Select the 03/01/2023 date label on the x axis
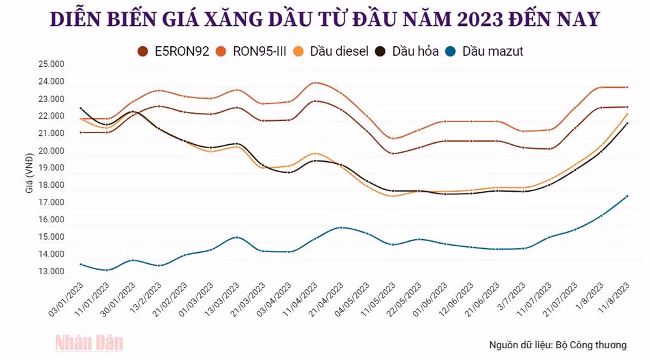point(66,300)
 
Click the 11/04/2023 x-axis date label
point(300,300)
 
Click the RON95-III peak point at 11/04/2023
point(315,83)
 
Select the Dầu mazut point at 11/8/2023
point(627,196)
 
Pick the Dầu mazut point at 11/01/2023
point(107,270)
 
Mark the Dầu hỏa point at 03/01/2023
point(81,109)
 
